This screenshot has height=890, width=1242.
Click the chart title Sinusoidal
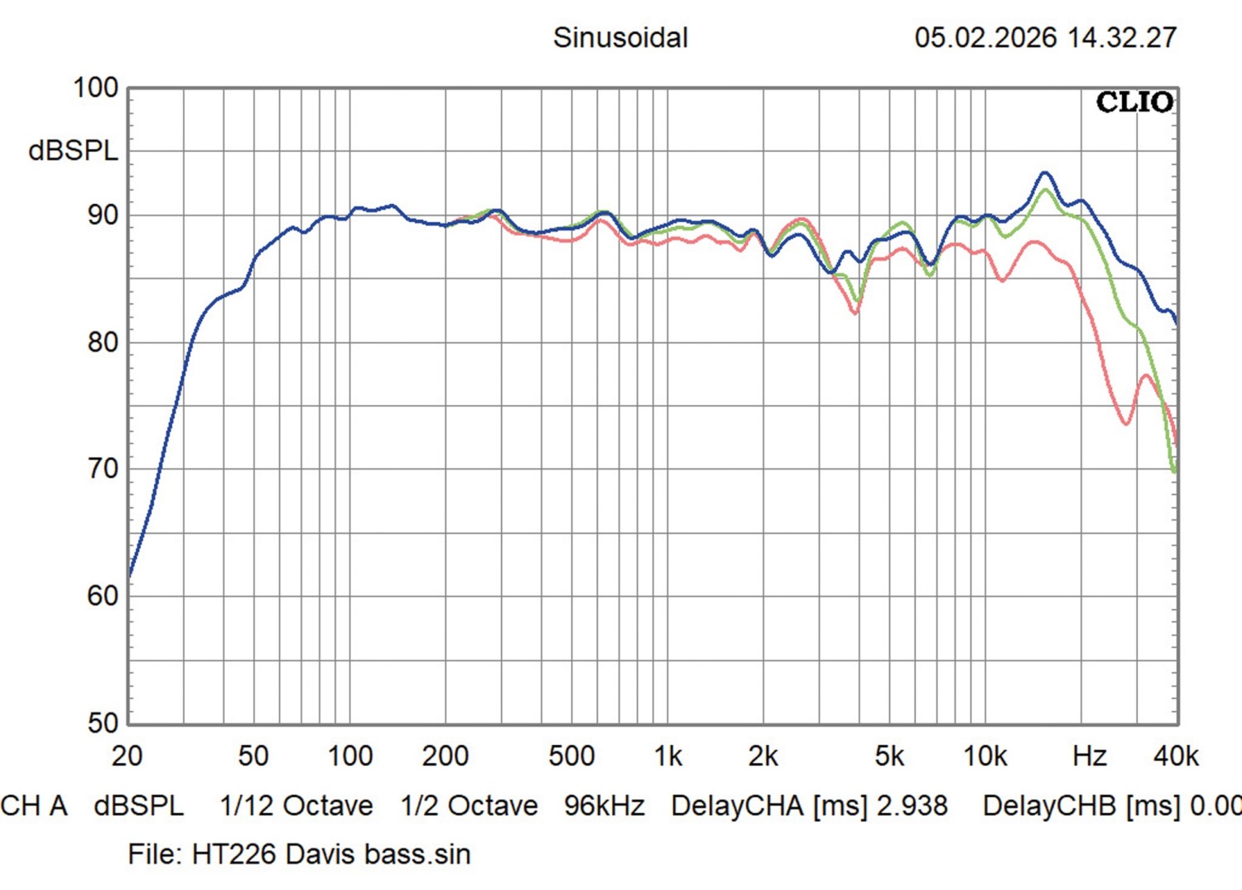point(620,38)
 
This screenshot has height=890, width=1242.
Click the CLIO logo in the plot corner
point(1134,103)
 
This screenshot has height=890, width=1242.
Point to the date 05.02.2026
point(985,38)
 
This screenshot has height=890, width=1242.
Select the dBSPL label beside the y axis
point(73,151)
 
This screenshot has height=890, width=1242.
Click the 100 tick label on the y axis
point(96,88)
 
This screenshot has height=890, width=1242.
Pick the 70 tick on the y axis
point(103,469)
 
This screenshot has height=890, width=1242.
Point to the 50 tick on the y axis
point(103,723)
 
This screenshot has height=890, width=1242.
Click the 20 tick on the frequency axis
point(127,756)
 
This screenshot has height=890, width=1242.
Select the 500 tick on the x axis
point(571,756)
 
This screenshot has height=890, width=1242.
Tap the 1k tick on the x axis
point(667,756)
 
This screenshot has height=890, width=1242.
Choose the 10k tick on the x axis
point(984,756)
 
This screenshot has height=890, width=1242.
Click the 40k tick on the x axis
point(1176,756)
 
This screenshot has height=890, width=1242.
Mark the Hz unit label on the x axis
point(1089,756)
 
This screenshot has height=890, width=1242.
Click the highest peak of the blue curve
point(1045,172)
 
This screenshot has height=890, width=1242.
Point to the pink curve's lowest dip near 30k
point(1126,423)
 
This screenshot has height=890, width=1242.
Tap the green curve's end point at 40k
point(1174,471)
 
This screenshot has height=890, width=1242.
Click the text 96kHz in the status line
point(604,805)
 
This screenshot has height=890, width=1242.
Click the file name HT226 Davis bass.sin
point(331,854)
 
